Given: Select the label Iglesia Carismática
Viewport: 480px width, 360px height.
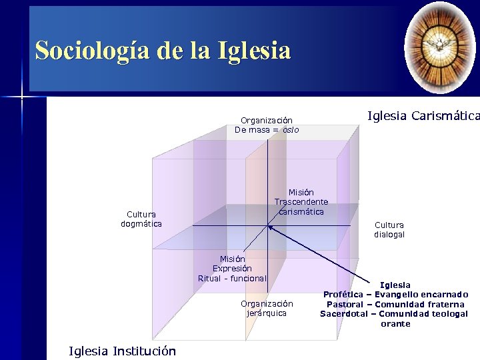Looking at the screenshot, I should pyautogui.click(x=423, y=116).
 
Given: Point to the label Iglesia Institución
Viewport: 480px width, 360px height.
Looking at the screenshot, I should pyautogui.click(x=122, y=351).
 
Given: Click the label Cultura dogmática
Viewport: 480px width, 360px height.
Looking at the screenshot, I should pyautogui.click(x=141, y=219).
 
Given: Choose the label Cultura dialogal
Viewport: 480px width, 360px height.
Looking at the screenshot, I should pyautogui.click(x=389, y=230).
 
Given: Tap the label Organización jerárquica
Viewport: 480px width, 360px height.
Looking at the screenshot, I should pyautogui.click(x=267, y=308).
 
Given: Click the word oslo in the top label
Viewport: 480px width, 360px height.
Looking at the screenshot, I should pyautogui.click(x=291, y=130).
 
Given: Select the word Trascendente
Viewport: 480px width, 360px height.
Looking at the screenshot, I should pyautogui.click(x=301, y=202).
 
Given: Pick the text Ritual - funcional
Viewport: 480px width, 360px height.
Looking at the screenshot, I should pyautogui.click(x=232, y=278).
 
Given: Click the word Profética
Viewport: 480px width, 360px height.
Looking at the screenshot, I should pyautogui.click(x=343, y=294).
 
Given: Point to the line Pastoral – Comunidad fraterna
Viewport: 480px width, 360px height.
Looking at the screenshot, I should pyautogui.click(x=395, y=304).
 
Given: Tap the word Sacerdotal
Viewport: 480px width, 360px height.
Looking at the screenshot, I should pyautogui.click(x=344, y=314).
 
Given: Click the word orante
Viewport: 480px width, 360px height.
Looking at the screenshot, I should pyautogui.click(x=395, y=324).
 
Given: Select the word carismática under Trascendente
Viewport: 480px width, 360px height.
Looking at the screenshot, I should pyautogui.click(x=301, y=211).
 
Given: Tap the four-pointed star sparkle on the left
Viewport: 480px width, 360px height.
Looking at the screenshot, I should pyautogui.click(x=21, y=98).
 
